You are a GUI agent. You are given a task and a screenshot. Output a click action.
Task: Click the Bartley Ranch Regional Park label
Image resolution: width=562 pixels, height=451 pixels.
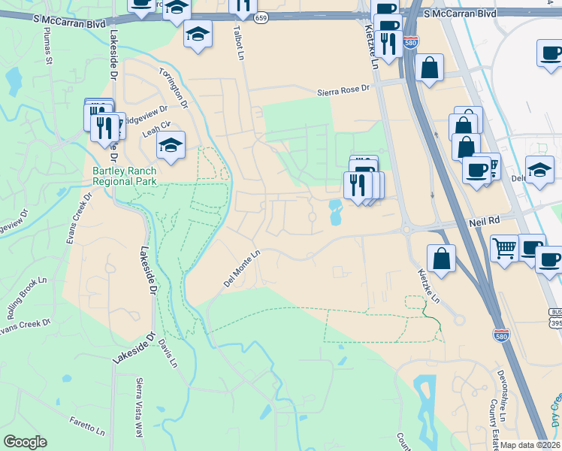click(x=124, y=176)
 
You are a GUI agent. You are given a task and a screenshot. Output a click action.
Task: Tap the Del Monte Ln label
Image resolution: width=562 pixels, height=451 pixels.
click(x=242, y=269)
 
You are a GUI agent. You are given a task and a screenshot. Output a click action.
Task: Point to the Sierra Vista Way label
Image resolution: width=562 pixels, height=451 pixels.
click(x=139, y=408)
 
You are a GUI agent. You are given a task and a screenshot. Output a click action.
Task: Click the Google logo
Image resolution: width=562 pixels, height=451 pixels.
click(x=25, y=442)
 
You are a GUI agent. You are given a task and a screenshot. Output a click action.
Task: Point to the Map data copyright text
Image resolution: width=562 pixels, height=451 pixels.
click(x=530, y=445)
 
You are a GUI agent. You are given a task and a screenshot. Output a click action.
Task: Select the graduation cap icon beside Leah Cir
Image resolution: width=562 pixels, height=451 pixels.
click(x=171, y=144)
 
